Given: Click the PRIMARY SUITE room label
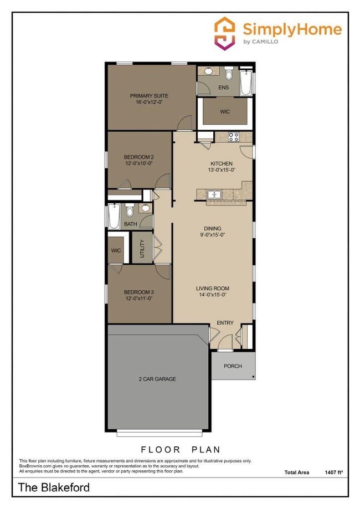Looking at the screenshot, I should (x=149, y=96).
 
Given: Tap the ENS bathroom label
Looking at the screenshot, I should (x=224, y=88).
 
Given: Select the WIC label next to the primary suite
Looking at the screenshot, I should (x=224, y=111).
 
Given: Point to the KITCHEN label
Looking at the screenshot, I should (x=221, y=163).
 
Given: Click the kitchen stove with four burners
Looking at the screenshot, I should (x=234, y=137).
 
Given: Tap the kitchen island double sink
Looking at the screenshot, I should (x=214, y=194).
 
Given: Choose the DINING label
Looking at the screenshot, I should (x=212, y=228).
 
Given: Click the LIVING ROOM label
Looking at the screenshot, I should (x=212, y=289).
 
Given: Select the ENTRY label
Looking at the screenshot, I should (x=225, y=323).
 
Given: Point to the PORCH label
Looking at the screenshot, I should (x=233, y=366).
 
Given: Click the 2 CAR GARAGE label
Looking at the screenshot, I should (x=157, y=379).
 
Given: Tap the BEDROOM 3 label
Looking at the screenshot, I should (x=138, y=292).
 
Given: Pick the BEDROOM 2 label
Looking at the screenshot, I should (x=138, y=157).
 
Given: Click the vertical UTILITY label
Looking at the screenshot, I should (x=142, y=248).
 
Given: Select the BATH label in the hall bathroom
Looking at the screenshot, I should (x=131, y=224).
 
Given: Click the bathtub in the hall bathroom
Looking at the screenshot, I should (x=114, y=217).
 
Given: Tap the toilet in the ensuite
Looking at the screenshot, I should (x=229, y=74).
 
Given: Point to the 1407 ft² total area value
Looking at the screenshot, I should (x=333, y=472).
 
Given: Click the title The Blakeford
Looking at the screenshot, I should (x=54, y=488).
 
